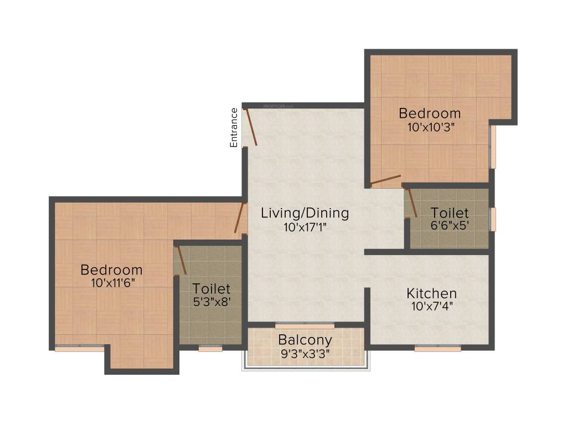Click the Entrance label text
[x=234, y=127]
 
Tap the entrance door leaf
[x=250, y=127]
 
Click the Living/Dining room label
[x=305, y=212]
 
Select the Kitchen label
[x=431, y=293]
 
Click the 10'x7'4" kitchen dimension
[x=431, y=306]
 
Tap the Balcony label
[x=305, y=340]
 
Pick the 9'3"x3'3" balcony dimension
[x=305, y=353]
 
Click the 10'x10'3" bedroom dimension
[x=430, y=127]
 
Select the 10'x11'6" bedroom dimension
[x=111, y=283]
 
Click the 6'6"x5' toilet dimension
[x=450, y=226]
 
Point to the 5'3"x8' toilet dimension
[x=211, y=302]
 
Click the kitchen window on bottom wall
[x=437, y=349]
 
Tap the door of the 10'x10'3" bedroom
[x=385, y=179]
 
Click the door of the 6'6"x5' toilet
[x=412, y=203]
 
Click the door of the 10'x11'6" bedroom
[x=240, y=217]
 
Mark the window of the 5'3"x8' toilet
[x=210, y=349]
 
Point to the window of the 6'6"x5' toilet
[x=493, y=219]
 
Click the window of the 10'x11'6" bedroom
[x=79, y=349]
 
